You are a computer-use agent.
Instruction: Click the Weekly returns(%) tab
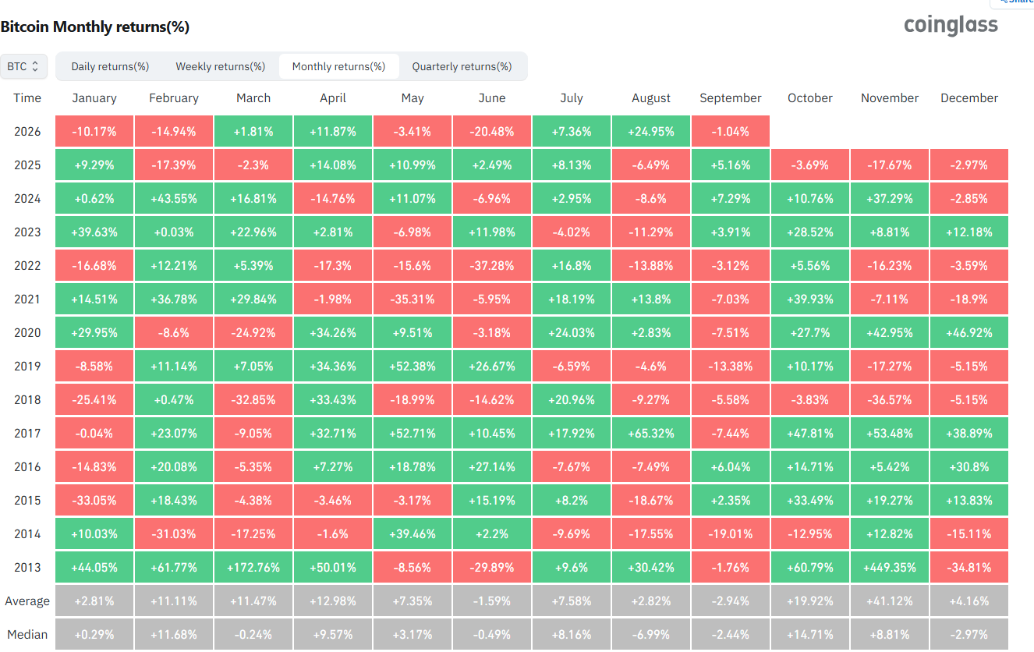point(220,66)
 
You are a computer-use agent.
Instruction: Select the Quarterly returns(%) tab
point(462,66)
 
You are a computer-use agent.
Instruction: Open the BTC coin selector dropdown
point(23,66)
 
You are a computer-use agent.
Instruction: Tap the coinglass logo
point(951,25)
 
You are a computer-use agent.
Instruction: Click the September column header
point(730,98)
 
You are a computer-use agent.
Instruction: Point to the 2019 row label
point(27,367)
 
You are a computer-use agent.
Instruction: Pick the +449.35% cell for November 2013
point(890,567)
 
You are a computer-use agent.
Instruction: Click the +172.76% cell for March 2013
point(253,567)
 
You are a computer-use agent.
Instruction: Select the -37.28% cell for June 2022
point(491,265)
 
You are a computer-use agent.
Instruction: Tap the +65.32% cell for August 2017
point(651,433)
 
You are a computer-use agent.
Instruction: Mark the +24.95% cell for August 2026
point(651,131)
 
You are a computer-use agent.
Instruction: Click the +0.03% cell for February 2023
point(174,232)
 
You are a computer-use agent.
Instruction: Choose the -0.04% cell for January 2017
point(94,433)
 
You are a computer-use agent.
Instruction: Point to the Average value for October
point(810,601)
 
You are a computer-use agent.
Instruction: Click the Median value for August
point(651,635)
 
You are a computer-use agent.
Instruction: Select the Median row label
point(27,635)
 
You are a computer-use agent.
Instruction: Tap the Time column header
point(27,98)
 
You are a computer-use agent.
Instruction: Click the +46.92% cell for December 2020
point(969,332)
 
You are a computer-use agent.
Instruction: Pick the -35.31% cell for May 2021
point(413,299)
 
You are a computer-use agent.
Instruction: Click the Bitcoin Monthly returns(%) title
point(95,27)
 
